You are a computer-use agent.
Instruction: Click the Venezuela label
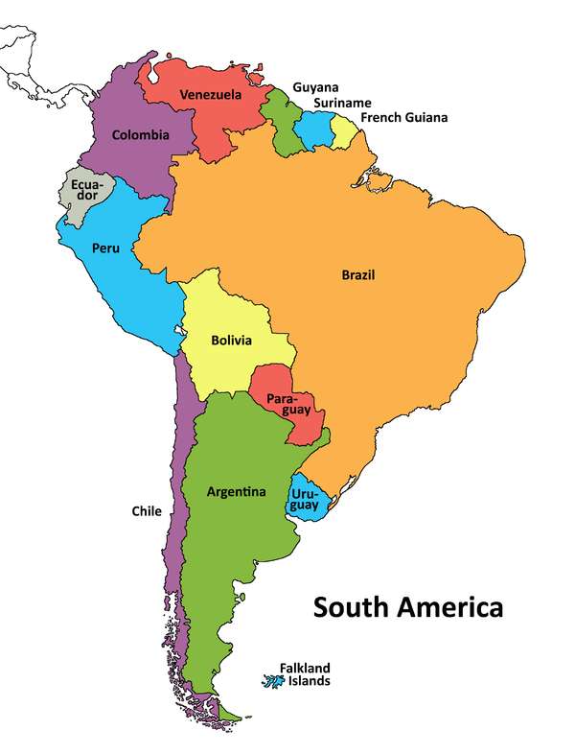[210, 95]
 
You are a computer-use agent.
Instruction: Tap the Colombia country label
[140, 135]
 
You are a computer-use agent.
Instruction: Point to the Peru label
[105, 248]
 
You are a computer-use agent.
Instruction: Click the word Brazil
[358, 275]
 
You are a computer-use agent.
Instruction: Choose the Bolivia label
[231, 341]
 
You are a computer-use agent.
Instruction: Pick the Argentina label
[236, 492]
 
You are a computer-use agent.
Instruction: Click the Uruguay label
[306, 500]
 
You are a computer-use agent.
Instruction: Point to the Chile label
[147, 511]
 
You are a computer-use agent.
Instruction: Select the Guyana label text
[315, 87]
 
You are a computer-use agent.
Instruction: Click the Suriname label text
[342, 103]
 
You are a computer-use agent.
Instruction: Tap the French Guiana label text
[403, 118]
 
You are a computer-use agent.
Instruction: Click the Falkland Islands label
[305, 674]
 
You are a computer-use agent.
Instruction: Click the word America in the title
[446, 607]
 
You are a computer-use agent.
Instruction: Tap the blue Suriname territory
[316, 130]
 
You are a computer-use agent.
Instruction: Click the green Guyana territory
[284, 125]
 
